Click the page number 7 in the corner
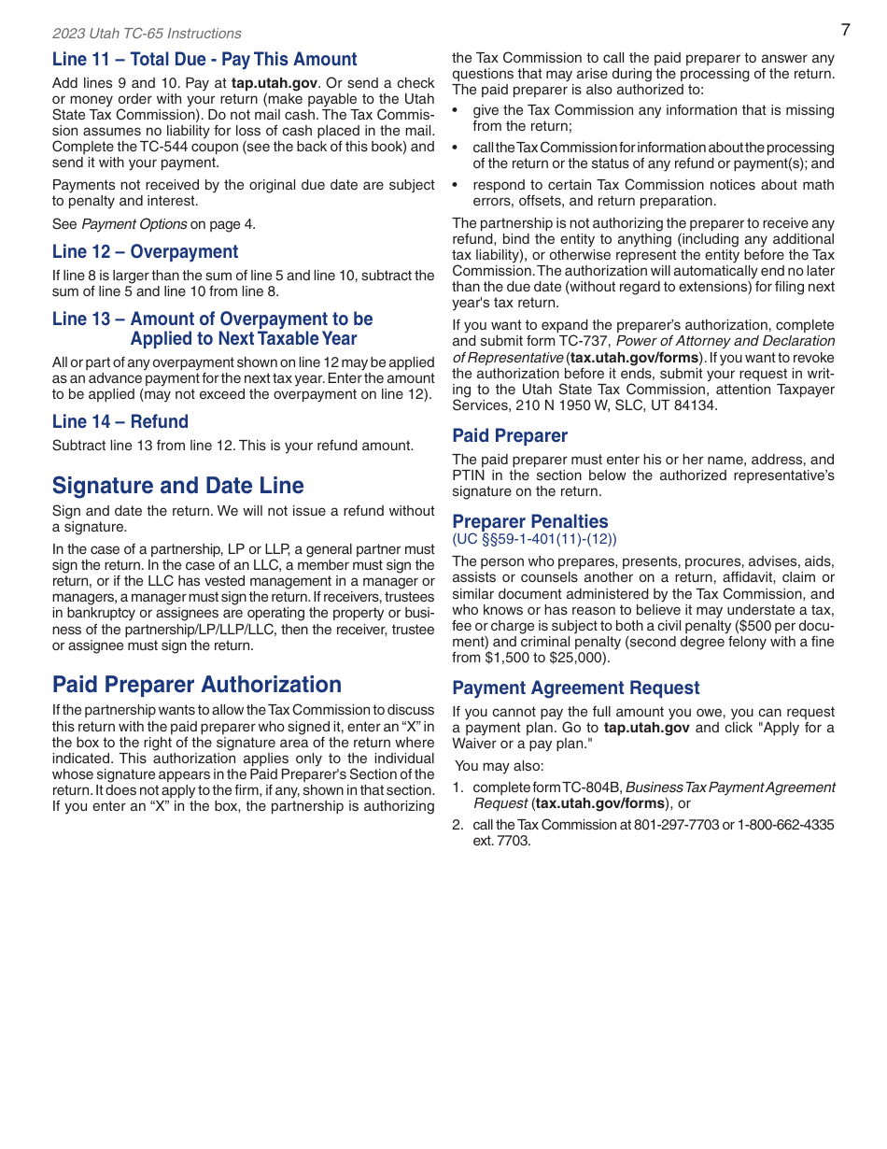point(845,30)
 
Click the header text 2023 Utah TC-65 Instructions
point(147,34)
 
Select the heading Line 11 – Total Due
point(204,60)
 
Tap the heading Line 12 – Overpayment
point(145,252)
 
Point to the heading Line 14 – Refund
point(120,422)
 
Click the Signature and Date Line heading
point(178,486)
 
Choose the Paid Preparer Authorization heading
point(197,685)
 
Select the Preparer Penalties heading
point(529,522)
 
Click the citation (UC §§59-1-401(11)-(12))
point(534,540)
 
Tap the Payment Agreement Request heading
point(575,688)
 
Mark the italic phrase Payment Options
point(134,224)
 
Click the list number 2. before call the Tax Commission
point(458,825)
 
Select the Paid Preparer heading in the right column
point(510,436)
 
